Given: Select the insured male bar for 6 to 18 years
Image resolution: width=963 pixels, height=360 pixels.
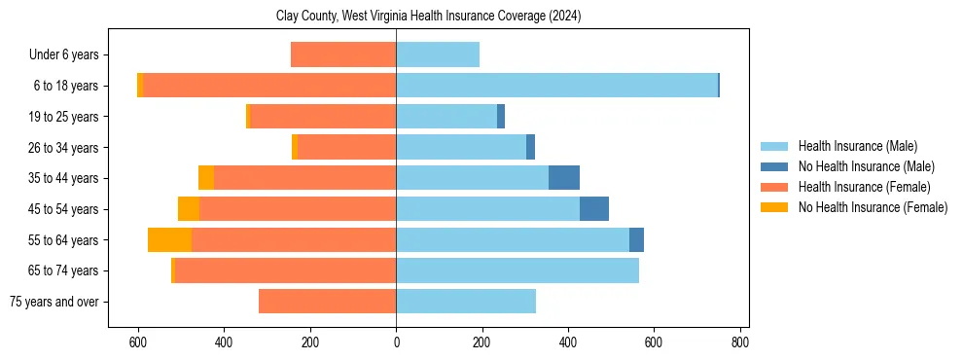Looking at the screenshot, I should point(556,86).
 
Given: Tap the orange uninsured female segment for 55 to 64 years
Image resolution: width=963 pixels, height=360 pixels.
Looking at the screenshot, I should point(169,239).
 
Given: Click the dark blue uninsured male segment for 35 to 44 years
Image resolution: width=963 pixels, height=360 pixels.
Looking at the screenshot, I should point(564,178).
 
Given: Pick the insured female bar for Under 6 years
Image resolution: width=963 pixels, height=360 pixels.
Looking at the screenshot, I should point(343,54).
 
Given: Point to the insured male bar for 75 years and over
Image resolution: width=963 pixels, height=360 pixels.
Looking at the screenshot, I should point(466,302).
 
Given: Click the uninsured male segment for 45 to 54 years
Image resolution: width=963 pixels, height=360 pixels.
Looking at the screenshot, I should point(594,209).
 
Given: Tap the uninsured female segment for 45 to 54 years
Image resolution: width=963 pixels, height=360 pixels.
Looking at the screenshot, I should point(189,209).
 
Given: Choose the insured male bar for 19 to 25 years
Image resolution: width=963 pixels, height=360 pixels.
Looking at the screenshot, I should point(446,117).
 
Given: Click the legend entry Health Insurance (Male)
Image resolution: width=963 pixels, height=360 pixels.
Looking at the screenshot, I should point(857,146).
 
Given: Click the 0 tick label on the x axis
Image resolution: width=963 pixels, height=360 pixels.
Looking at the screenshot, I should point(396,342).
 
